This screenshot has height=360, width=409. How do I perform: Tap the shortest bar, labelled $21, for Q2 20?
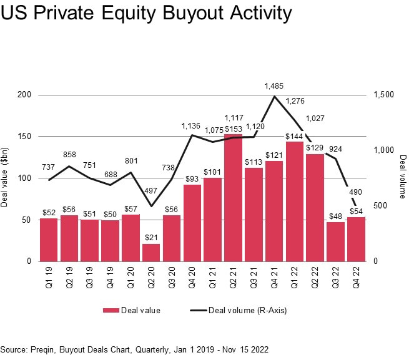(x=151, y=253)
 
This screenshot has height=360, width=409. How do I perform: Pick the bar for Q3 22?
(x=335, y=241)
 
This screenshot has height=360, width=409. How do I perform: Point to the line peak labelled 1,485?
(x=274, y=96)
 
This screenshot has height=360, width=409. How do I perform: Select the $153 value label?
(x=234, y=129)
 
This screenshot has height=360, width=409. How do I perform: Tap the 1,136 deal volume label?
(x=192, y=126)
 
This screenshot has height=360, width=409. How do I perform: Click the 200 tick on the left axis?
(x=24, y=95)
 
